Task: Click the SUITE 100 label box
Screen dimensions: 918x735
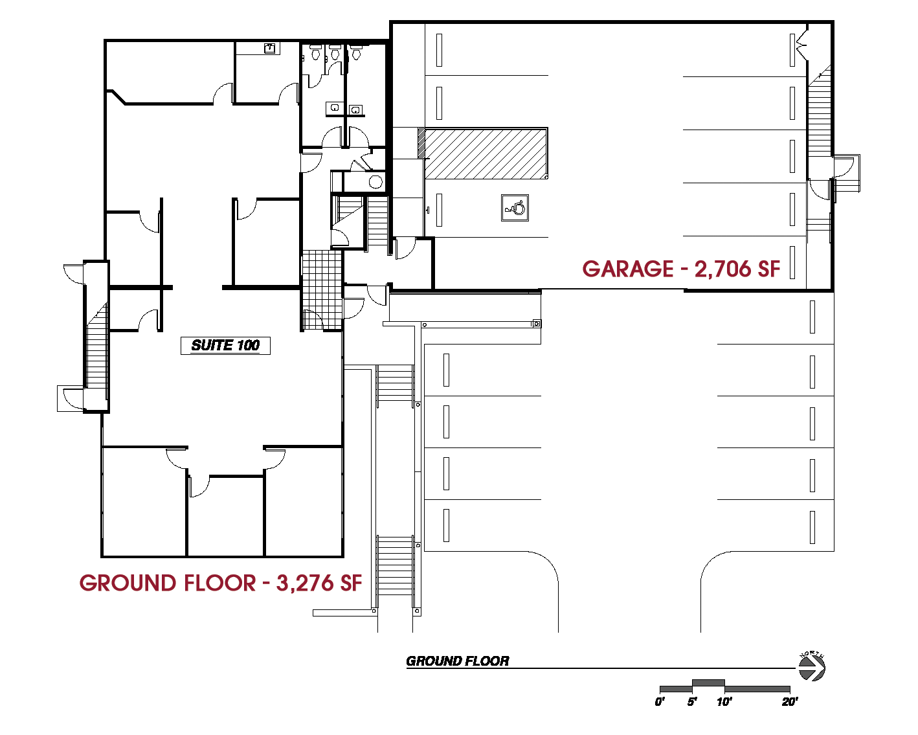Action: (x=225, y=345)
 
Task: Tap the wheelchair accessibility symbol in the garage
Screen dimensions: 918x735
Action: (x=515, y=208)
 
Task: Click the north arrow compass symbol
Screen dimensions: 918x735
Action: (x=812, y=667)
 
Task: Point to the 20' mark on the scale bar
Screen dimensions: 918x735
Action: (x=790, y=702)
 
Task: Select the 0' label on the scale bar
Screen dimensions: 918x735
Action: (x=660, y=702)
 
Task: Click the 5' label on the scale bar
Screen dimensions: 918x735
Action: (x=692, y=702)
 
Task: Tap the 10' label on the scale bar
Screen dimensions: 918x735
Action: (x=724, y=702)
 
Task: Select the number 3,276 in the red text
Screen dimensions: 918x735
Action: (x=304, y=583)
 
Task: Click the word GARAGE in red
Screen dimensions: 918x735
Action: (x=628, y=269)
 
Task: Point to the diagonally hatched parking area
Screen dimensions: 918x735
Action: (x=486, y=153)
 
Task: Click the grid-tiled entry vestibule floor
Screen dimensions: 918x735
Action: (x=322, y=290)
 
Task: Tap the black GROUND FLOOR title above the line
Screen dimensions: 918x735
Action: (x=457, y=661)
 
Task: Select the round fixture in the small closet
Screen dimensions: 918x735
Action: (x=375, y=182)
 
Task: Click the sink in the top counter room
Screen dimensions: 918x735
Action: (x=269, y=48)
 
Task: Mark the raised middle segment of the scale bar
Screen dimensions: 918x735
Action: (x=708, y=683)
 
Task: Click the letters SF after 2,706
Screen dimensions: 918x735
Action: (x=768, y=269)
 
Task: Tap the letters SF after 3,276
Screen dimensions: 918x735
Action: (x=351, y=583)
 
